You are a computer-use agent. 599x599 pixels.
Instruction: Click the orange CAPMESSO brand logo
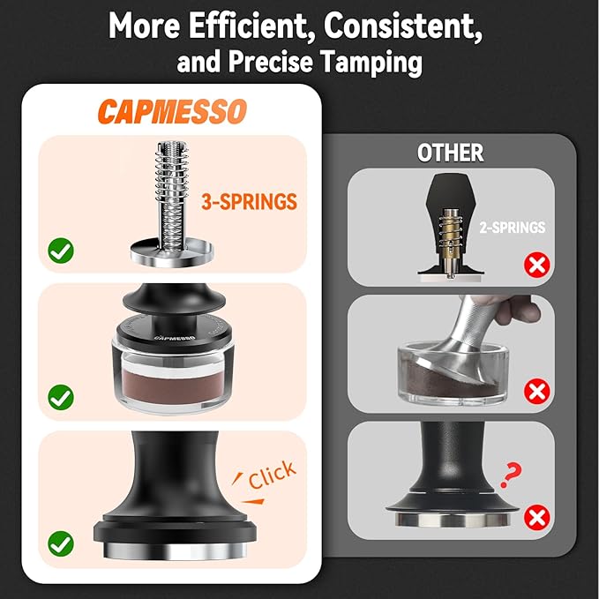[x=172, y=111]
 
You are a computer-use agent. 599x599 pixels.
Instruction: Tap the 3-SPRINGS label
[x=249, y=202]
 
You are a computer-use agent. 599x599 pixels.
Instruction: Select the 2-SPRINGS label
[x=513, y=228]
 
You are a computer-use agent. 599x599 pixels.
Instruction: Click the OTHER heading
[x=451, y=153]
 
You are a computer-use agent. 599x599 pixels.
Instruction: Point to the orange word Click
[x=272, y=474]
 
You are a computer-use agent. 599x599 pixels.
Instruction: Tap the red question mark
[x=511, y=475]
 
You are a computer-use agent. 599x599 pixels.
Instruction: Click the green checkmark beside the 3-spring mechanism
[x=61, y=251]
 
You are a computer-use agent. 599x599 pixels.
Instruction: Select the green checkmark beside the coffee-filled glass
[x=61, y=397]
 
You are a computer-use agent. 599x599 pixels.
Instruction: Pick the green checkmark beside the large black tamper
[x=61, y=543]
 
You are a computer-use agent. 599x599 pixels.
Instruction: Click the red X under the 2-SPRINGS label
[x=536, y=265]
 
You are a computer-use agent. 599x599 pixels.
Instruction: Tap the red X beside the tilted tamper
[x=536, y=391]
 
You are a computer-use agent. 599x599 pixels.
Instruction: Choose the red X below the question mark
[x=536, y=517]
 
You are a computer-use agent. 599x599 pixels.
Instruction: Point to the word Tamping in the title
[x=371, y=62]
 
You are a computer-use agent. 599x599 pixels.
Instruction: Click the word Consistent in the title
[x=403, y=26]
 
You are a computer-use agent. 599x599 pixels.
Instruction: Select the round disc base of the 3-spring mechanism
[x=172, y=252]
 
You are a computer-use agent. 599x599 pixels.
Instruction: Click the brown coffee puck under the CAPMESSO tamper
[x=174, y=386]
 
